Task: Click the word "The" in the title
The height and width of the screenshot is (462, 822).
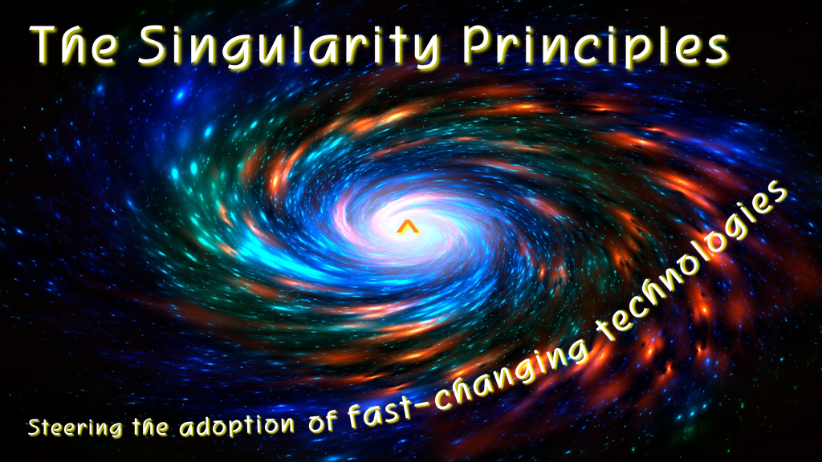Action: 74,44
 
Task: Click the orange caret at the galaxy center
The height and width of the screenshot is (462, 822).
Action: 408,227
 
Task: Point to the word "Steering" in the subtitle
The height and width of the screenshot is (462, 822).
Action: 75,428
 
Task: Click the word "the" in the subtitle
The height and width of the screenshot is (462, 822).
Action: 150,426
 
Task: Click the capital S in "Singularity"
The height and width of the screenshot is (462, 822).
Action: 154,44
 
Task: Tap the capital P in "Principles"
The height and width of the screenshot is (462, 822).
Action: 478,44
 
